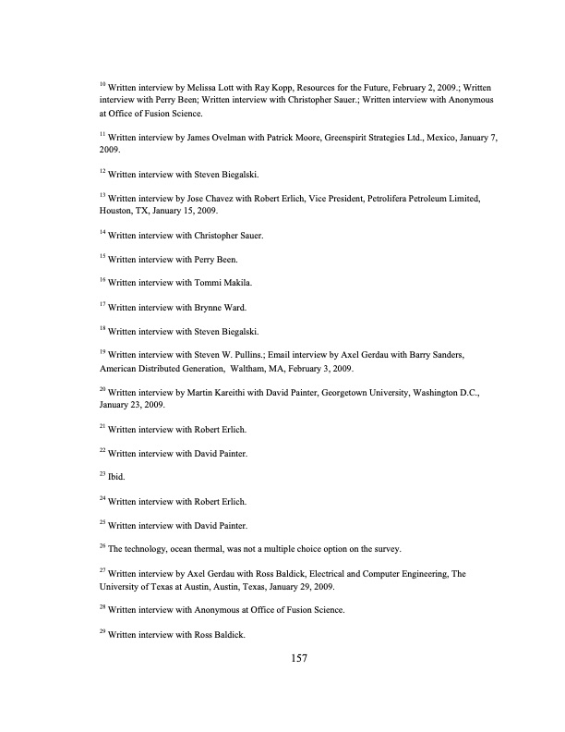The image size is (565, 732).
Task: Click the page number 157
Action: pos(298,658)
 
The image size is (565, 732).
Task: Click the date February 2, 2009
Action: pos(407,85)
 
